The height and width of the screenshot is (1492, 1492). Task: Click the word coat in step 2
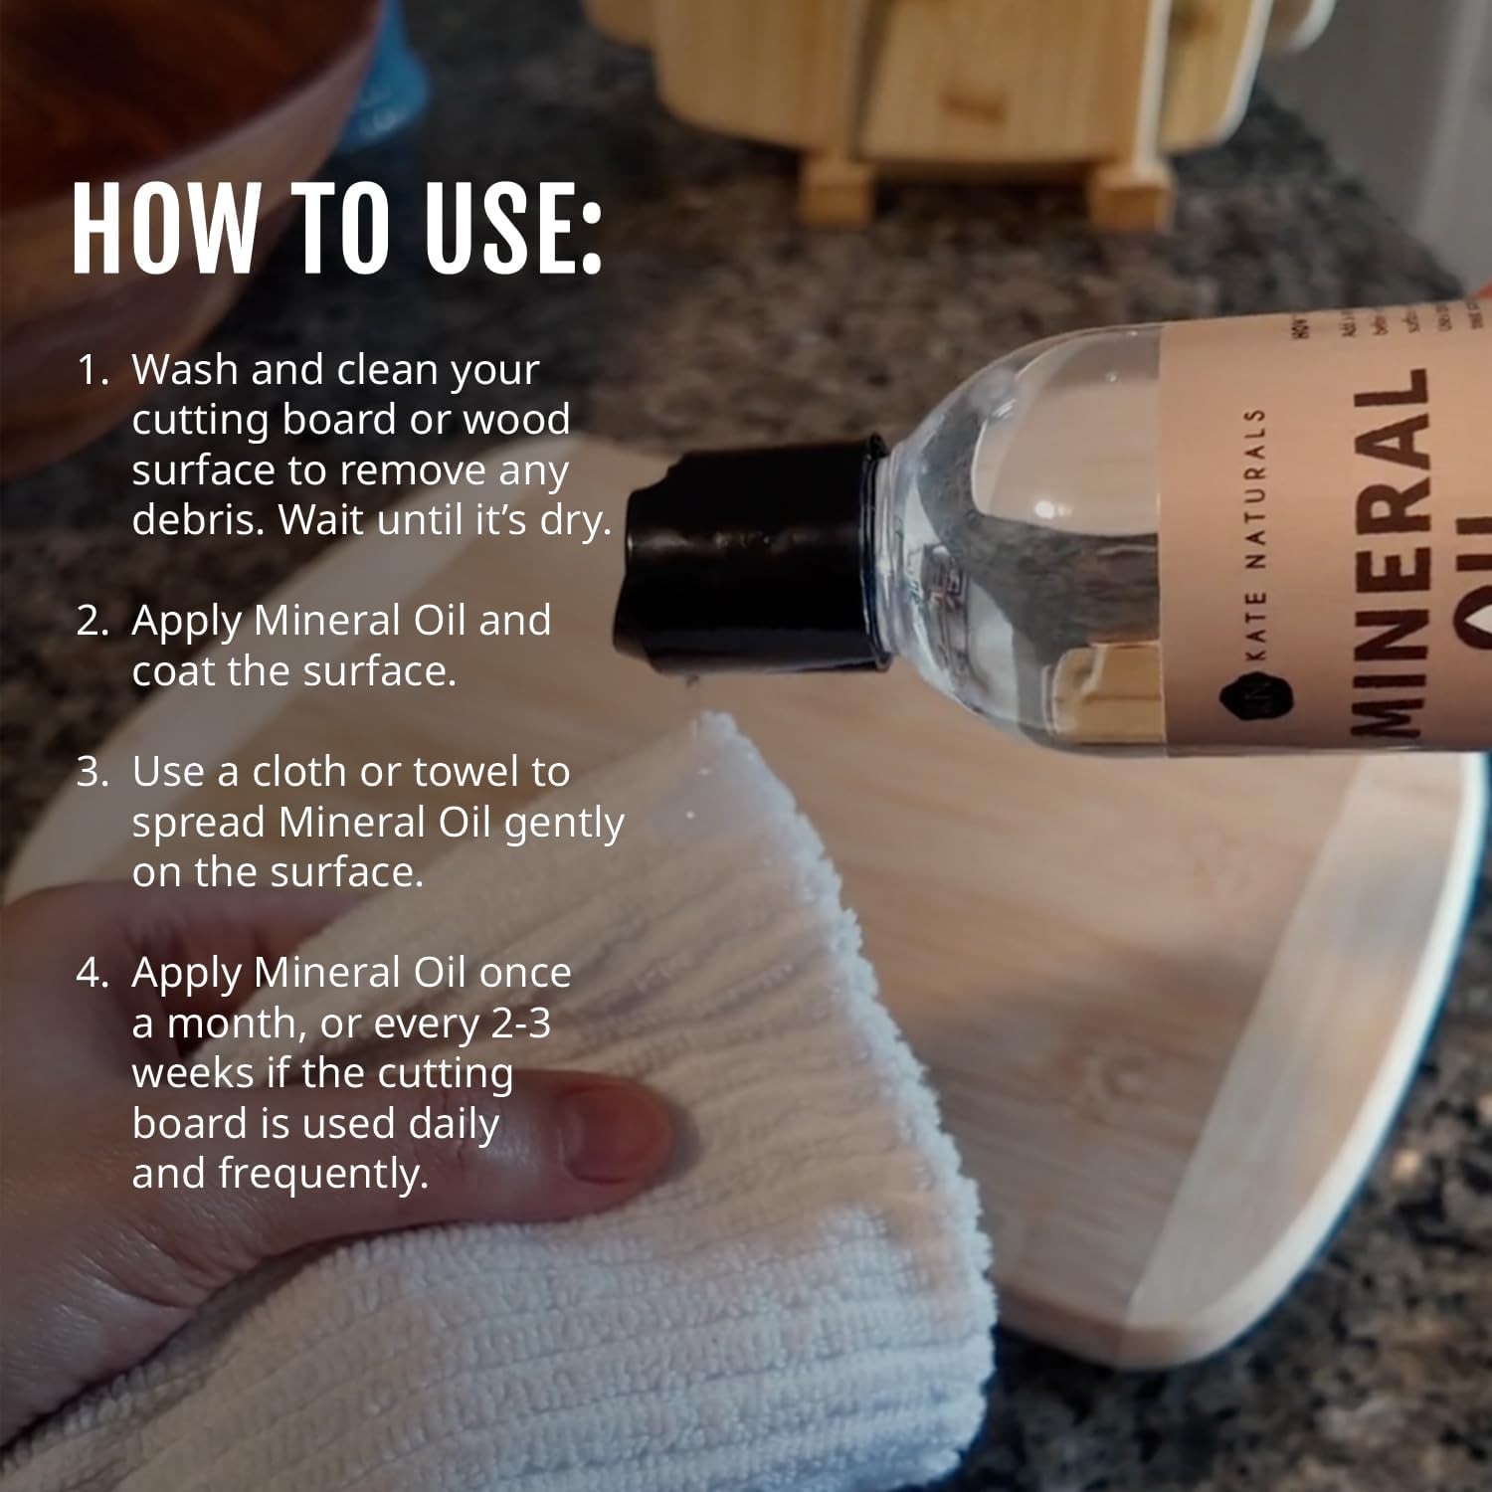[x=173, y=671]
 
